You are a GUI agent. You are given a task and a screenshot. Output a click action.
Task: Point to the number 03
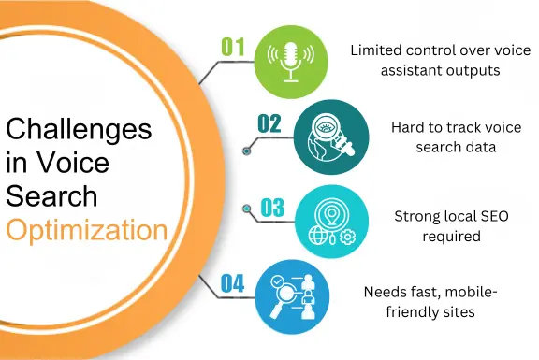click(x=272, y=208)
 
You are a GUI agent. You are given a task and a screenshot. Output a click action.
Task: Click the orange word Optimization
click(x=88, y=228)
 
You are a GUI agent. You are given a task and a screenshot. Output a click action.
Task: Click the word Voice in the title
click(x=75, y=164)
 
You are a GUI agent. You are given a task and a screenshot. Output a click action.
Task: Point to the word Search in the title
click(x=51, y=195)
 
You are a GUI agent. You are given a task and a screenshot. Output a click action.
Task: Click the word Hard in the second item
click(x=408, y=127)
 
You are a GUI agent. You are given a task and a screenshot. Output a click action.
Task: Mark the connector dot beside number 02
click(x=247, y=147)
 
